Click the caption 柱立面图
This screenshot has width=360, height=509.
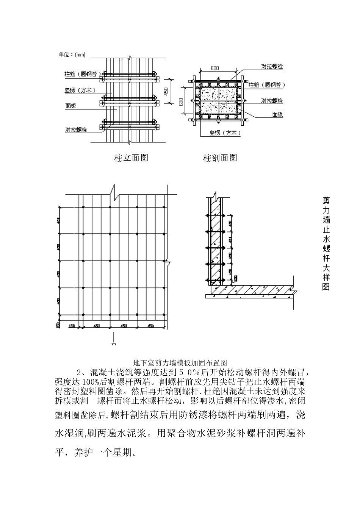tap(131, 158)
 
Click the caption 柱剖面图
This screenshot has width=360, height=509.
tap(220, 158)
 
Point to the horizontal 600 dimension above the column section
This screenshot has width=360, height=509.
tap(214, 68)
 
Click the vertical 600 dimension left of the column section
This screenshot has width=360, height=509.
tap(181, 101)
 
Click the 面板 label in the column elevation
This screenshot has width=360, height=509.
tap(71, 106)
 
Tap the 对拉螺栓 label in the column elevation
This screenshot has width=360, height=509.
tap(76, 130)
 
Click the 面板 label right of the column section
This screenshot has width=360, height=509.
tap(277, 114)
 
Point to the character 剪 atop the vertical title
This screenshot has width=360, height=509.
tap(326, 200)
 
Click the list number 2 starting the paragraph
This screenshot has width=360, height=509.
tap(79, 371)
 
